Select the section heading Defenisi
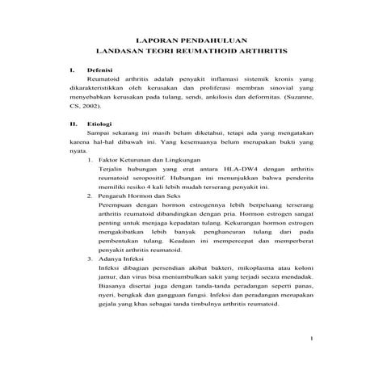click(x=99, y=71)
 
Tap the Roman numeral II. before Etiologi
click(x=74, y=124)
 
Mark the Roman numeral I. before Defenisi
click(x=72, y=71)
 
